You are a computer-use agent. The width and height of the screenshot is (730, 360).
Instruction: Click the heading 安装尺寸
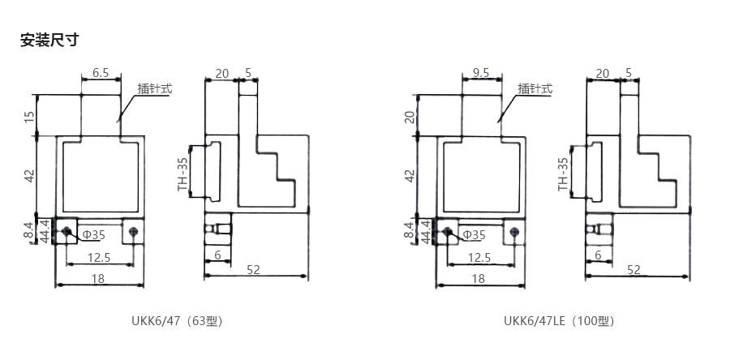pyautogui.click(x=49, y=40)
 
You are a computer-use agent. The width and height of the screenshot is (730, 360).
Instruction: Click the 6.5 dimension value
pyautogui.click(x=101, y=72)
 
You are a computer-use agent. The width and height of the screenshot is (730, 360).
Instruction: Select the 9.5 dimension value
pyautogui.click(x=481, y=72)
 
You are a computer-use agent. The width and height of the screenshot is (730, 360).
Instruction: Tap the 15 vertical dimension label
pyautogui.click(x=29, y=117)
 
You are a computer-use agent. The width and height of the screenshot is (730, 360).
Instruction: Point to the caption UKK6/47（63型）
pyautogui.click(x=177, y=321)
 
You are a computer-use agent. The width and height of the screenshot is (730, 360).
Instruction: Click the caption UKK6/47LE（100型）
pyautogui.click(x=559, y=321)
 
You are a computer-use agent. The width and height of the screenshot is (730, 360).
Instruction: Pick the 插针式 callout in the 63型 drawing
pyautogui.click(x=155, y=88)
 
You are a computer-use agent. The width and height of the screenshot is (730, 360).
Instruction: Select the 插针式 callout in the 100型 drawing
pyautogui.click(x=535, y=88)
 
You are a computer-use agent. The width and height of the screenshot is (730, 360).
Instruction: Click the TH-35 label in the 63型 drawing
pyautogui.click(x=183, y=175)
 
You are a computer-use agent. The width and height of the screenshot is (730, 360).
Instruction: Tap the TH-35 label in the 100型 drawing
pyautogui.click(x=564, y=175)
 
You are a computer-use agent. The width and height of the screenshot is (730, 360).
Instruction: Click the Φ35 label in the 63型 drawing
pyautogui.click(x=94, y=235)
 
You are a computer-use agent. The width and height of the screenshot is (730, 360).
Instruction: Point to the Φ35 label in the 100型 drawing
pyautogui.click(x=474, y=235)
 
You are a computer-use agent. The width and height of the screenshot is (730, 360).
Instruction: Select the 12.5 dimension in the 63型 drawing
pyautogui.click(x=99, y=257)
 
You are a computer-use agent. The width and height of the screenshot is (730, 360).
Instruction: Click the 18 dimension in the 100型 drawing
pyautogui.click(x=479, y=278)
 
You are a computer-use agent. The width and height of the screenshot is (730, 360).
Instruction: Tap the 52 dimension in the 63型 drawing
pyautogui.click(x=253, y=270)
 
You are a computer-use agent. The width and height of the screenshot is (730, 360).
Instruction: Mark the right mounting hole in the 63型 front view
pyautogui.click(x=134, y=231)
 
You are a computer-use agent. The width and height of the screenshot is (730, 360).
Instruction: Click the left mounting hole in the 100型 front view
pyautogui.click(x=448, y=231)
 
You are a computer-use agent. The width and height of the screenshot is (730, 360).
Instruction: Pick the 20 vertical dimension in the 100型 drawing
pyautogui.click(x=410, y=117)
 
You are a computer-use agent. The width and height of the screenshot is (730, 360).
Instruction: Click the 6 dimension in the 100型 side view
pyautogui.click(x=599, y=255)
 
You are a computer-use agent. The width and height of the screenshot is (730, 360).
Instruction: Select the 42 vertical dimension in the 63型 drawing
pyautogui.click(x=29, y=176)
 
